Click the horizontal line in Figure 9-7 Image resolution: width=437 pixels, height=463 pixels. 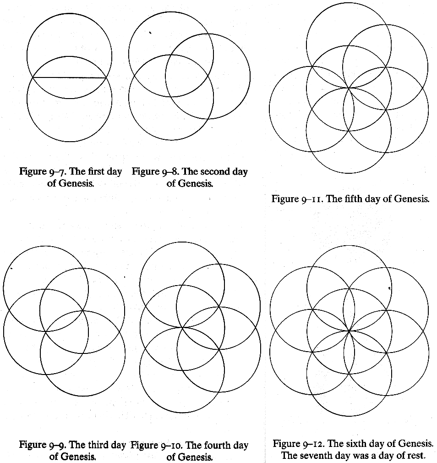69,77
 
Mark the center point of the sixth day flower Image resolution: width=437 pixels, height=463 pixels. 349,331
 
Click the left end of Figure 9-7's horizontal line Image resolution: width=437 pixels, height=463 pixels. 33,77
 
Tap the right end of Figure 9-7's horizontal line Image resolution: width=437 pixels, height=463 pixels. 106,78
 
